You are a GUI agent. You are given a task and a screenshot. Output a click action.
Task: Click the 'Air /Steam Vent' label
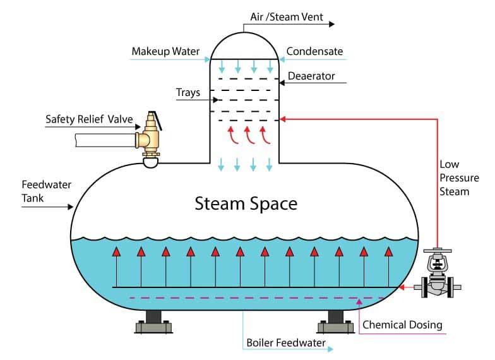point(287,17)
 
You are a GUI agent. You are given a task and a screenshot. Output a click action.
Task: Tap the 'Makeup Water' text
point(165,52)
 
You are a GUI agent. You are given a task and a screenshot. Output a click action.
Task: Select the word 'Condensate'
point(314,51)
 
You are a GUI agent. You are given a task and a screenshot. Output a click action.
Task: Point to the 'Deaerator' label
point(311,76)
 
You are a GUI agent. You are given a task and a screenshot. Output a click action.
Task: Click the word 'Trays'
point(188,93)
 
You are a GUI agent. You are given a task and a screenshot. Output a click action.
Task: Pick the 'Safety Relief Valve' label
point(89,119)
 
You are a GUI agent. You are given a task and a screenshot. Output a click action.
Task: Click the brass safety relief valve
point(149,139)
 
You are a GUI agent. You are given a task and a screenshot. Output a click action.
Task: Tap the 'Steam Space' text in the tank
point(246,203)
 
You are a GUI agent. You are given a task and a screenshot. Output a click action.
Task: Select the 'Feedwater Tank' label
point(47,191)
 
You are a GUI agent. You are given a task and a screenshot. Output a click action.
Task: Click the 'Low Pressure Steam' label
point(459,178)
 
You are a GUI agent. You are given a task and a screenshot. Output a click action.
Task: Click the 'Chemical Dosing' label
point(402,325)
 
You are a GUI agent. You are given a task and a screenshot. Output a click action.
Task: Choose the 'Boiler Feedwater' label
point(285,343)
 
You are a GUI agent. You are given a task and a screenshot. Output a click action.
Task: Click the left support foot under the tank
point(154,322)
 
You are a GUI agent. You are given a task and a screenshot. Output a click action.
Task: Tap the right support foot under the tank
point(336,322)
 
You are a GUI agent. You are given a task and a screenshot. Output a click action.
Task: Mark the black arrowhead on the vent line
point(332,24)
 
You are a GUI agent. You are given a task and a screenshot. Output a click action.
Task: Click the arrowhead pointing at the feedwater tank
point(71,207)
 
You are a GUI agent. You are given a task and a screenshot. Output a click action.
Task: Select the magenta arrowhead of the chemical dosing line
point(359,301)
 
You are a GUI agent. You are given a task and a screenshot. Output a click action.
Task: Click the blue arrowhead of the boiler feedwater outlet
point(331,349)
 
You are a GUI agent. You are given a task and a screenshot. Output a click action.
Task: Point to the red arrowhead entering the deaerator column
point(283,119)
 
